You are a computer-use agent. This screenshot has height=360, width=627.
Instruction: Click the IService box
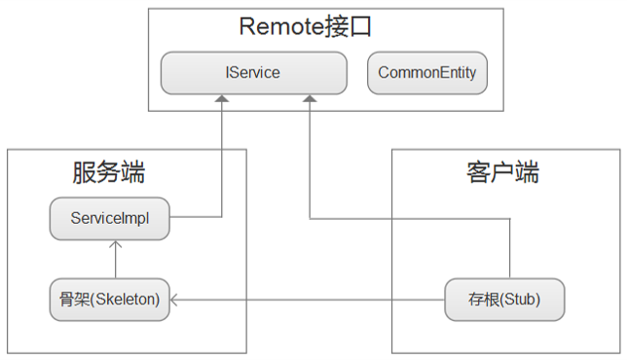pos(253,73)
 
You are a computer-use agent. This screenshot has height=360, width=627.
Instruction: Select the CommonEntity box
pos(426,73)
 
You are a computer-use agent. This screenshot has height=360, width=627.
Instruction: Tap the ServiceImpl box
pos(110,219)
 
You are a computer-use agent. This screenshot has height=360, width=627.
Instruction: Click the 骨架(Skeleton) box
pos(110,299)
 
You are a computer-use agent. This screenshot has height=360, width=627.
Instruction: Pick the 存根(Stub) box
pos(504,299)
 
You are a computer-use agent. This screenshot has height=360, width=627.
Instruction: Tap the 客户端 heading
pos(502,173)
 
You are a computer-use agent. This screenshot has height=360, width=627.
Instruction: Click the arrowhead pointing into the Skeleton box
pos(176,299)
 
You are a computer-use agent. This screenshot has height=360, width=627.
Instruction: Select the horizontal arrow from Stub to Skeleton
pos(312,299)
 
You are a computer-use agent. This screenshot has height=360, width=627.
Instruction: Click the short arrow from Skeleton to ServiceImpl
pos(115,259)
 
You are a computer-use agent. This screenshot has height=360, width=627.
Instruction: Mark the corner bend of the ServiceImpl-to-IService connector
pos(223,216)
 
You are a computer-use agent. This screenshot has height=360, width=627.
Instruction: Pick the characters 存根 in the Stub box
pos(479,299)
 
